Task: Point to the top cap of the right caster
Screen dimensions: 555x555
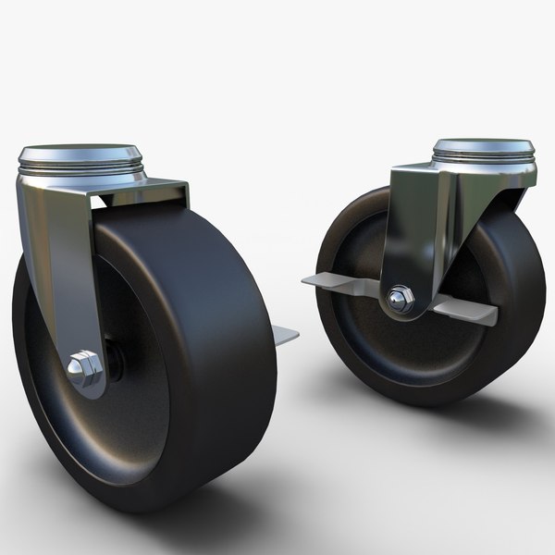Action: tap(484, 146)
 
